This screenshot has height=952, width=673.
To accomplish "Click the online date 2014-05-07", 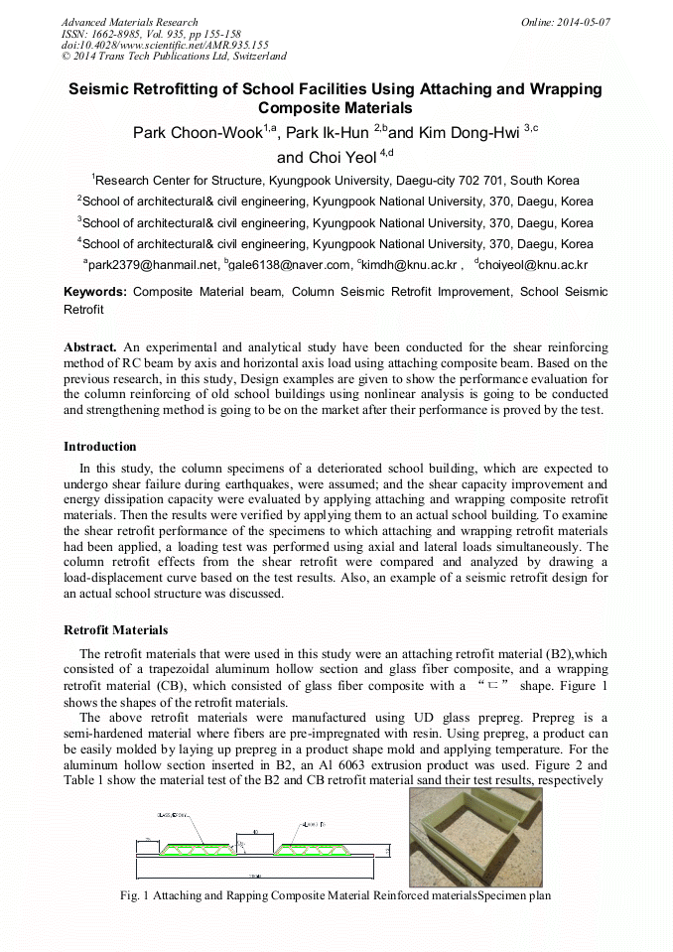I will coord(580,22).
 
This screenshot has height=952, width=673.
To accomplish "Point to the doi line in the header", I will coord(165,45).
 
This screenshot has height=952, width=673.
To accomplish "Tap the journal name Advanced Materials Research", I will coord(129,22).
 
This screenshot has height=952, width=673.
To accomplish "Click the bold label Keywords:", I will coord(95,292).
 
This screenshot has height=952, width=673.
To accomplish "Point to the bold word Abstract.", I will coord(90,347).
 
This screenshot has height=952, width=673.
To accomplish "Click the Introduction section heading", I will coord(100,447).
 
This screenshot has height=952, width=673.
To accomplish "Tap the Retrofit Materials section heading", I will coord(116,629).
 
